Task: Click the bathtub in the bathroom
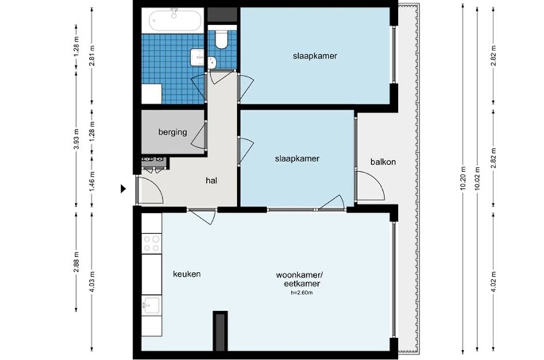pyautogui.click(x=176, y=21)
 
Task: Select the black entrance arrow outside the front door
pyautogui.click(x=123, y=188)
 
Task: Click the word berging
pyautogui.click(x=173, y=132)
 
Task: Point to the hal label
pyautogui.click(x=211, y=180)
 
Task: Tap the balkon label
pyautogui.click(x=383, y=162)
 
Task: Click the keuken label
pyautogui.click(x=187, y=274)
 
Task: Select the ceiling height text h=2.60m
pyautogui.click(x=302, y=293)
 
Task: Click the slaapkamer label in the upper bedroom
pyautogui.click(x=314, y=56)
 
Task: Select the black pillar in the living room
pyautogui.click(x=220, y=331)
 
